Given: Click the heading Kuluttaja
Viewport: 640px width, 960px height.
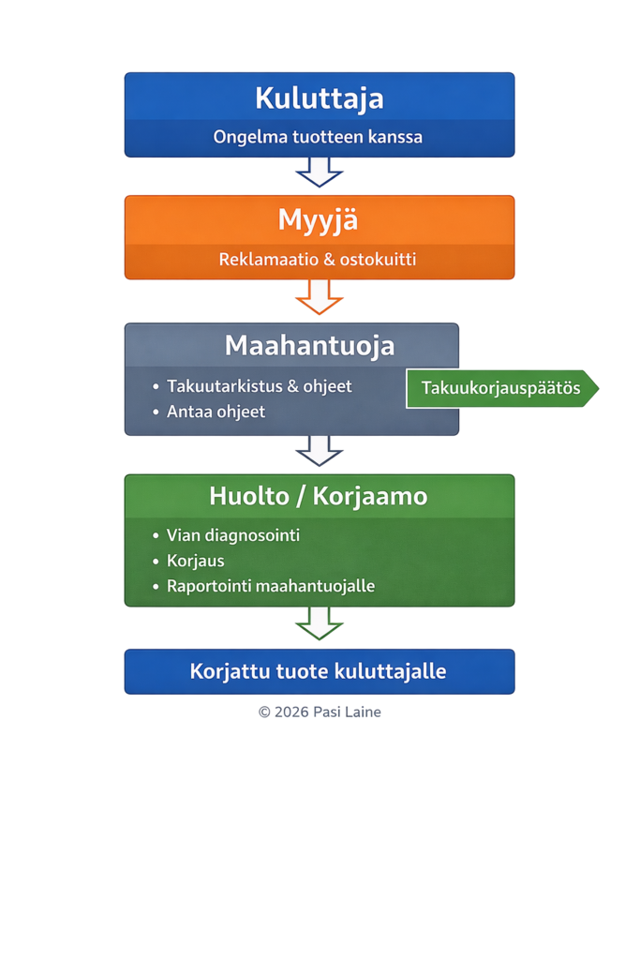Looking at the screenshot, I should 319,97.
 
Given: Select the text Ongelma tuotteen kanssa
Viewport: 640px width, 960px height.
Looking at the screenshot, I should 318,137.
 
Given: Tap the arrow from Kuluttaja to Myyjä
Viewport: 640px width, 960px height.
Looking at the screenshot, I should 320,173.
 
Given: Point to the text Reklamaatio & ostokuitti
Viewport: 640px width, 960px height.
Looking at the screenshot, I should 318,259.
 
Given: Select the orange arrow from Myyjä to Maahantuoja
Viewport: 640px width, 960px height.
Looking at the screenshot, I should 320,297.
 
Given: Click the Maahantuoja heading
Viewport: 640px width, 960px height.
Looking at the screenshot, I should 309,345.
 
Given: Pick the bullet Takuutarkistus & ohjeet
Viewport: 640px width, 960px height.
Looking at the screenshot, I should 259,385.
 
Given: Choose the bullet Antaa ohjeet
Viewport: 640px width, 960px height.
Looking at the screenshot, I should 216,412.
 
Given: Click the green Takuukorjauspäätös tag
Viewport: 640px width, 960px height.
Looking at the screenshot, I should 501,388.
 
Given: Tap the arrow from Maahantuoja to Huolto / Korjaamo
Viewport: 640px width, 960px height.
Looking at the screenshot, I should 320,451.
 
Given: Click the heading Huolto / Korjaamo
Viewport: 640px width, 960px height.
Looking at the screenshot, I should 318,496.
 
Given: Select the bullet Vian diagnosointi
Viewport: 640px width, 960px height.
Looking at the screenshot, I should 232,535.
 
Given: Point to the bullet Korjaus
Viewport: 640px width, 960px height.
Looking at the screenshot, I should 195,561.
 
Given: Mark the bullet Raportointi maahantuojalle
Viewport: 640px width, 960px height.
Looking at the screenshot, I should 270,586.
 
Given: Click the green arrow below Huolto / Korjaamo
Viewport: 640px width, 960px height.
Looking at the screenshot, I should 320,623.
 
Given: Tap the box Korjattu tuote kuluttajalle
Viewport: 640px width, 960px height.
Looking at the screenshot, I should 319,671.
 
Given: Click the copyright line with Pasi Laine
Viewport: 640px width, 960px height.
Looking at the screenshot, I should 320,712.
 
